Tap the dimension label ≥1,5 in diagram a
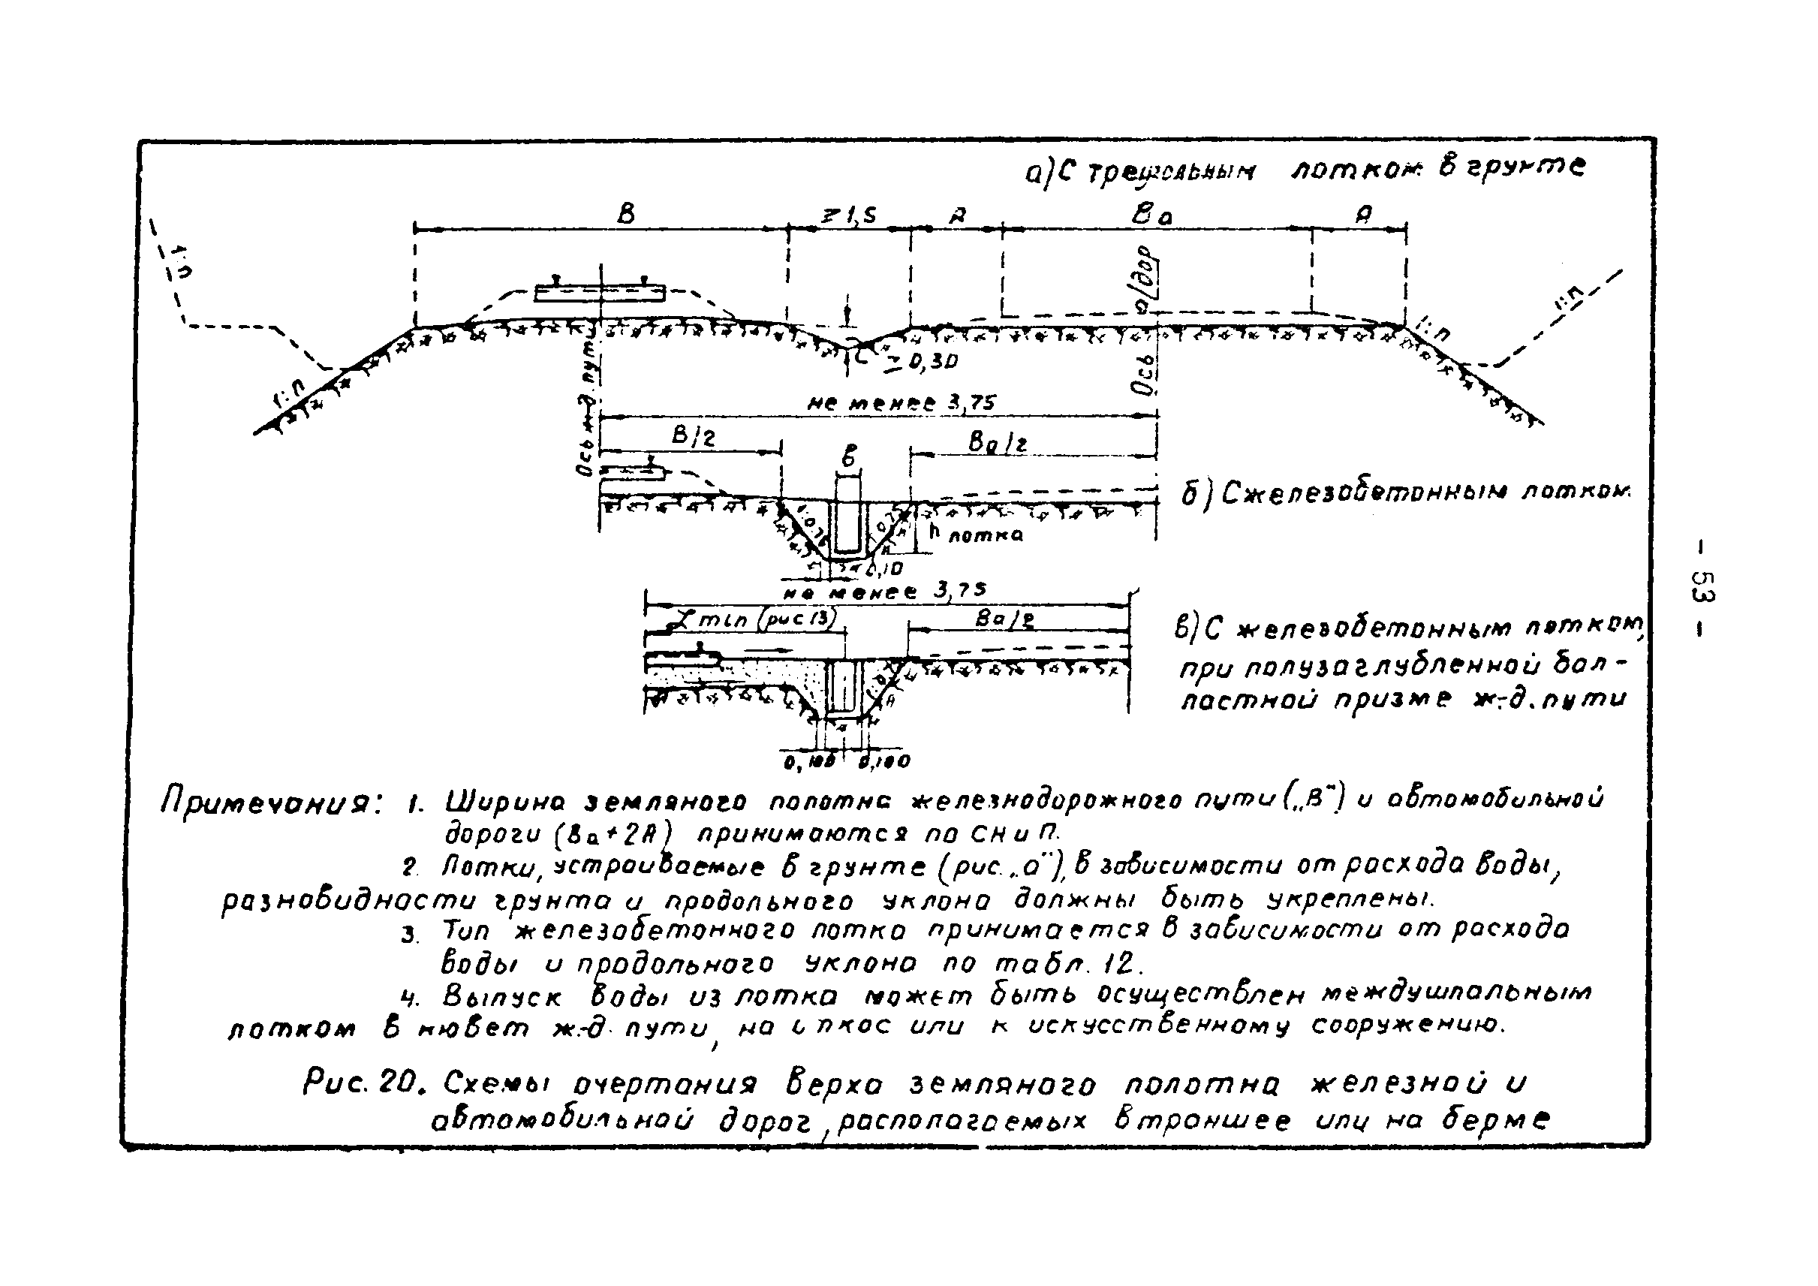click(x=849, y=215)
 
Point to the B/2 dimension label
click(x=692, y=436)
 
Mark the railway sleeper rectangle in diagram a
click(x=600, y=293)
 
